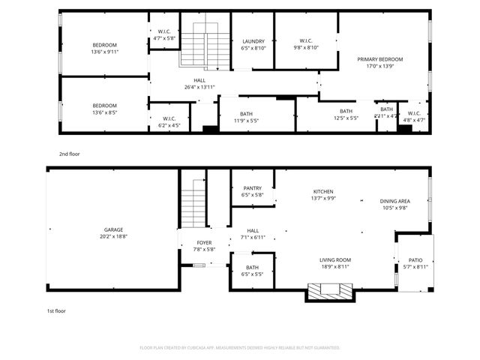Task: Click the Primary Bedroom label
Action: point(379,59)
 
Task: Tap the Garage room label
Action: point(114,229)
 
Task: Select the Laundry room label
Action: point(253,42)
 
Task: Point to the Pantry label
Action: point(253,188)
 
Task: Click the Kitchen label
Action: point(323,192)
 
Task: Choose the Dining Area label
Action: point(394,201)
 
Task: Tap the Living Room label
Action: point(335,260)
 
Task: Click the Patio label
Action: point(415,260)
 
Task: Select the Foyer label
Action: point(204,243)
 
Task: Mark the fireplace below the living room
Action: point(330,291)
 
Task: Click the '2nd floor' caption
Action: point(70,154)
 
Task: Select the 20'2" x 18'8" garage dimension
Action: point(114,236)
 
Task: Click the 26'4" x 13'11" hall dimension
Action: point(199,87)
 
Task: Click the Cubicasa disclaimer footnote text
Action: point(240,348)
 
